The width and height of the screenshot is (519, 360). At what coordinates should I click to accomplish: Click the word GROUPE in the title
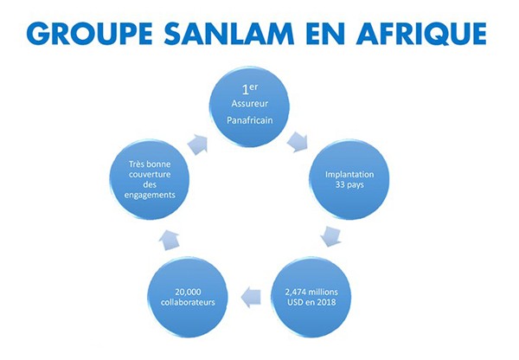pyautogui.click(x=89, y=34)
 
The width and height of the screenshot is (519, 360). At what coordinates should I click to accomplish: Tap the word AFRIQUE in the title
pyautogui.click(x=421, y=34)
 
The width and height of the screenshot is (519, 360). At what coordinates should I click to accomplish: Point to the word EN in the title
pyautogui.click(x=325, y=34)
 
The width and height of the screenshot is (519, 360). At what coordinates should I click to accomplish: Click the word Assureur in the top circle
pyautogui.click(x=250, y=104)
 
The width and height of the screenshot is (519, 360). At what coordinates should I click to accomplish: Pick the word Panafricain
pyautogui.click(x=250, y=120)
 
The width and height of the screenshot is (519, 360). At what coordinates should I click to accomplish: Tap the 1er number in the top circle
pyautogui.click(x=250, y=89)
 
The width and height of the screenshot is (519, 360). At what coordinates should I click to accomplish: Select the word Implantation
pyautogui.click(x=349, y=175)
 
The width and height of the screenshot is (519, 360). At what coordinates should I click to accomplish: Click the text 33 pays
pyautogui.click(x=349, y=185)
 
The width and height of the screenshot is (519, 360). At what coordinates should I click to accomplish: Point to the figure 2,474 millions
pyautogui.click(x=311, y=292)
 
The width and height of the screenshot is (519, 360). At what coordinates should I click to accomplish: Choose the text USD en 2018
pyautogui.click(x=311, y=302)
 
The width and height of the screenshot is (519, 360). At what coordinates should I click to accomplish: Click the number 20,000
pyautogui.click(x=188, y=292)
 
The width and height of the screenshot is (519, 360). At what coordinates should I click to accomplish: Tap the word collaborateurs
pyautogui.click(x=188, y=302)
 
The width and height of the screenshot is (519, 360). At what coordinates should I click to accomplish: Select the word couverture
pyautogui.click(x=150, y=174)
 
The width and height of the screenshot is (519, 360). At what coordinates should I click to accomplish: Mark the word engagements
pyautogui.click(x=150, y=195)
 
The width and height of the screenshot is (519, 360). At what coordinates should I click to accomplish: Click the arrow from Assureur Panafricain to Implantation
pyautogui.click(x=298, y=142)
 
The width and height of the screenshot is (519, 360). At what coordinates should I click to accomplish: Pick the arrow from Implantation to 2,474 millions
pyautogui.click(x=330, y=236)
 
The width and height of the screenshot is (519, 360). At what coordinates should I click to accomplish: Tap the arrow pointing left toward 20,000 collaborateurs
pyautogui.click(x=251, y=297)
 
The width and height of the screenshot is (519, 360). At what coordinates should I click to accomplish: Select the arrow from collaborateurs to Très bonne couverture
pyautogui.click(x=170, y=240)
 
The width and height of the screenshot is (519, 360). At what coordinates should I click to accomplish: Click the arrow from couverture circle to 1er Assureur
pyautogui.click(x=197, y=145)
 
